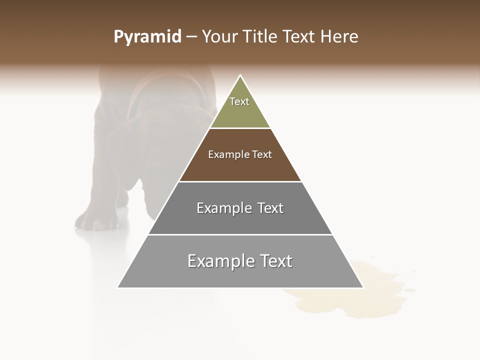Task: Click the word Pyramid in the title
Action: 147,37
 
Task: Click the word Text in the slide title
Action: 299,37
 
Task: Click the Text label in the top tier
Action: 239,101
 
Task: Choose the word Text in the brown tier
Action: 262,154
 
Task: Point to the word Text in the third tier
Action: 270,208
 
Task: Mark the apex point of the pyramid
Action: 240,76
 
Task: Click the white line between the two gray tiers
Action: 240,234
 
